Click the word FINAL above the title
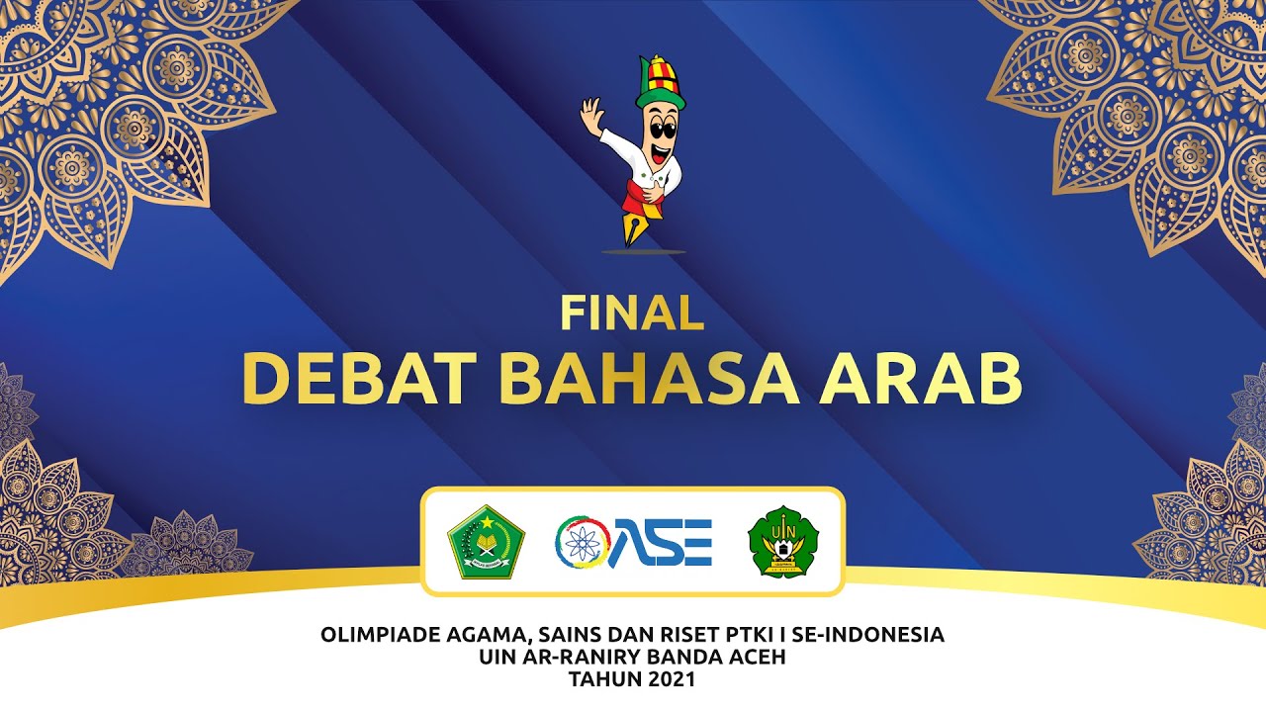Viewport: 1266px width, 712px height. point(632,312)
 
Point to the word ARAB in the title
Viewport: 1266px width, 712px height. point(920,379)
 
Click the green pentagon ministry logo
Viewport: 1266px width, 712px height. point(486,542)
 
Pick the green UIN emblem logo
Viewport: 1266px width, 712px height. point(782,542)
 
